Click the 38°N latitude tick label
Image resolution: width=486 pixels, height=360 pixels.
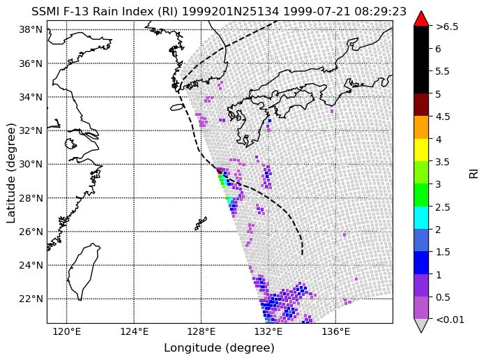(31, 30)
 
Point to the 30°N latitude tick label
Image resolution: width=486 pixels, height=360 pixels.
(31, 165)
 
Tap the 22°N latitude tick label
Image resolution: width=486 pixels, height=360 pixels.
(31, 299)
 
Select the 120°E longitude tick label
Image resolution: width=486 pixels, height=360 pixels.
(67, 332)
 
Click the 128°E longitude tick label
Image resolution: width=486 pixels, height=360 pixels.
(201, 332)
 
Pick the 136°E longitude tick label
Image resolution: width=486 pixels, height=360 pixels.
(335, 332)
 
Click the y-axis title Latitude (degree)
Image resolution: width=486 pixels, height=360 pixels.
(10, 173)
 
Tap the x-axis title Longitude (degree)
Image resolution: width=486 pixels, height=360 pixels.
(219, 348)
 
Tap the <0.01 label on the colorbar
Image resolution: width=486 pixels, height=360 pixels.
(450, 320)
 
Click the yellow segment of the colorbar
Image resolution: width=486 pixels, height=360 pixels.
(421, 150)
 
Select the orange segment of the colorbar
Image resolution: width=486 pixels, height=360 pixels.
(421, 128)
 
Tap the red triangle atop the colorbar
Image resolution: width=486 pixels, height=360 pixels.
(421, 20)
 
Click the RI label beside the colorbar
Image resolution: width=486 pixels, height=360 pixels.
(473, 173)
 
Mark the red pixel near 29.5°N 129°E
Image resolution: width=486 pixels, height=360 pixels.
(220, 172)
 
